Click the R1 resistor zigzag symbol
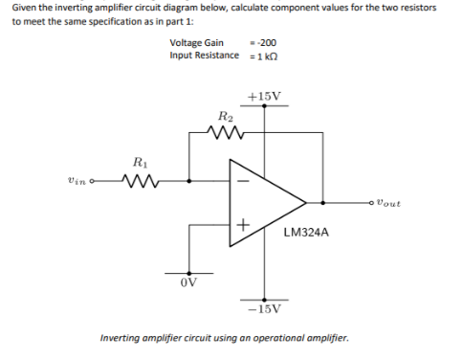(139, 179)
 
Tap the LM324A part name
(306, 231)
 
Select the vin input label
(80, 179)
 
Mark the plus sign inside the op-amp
(243, 226)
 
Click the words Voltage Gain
(196, 43)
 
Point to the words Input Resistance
(204, 55)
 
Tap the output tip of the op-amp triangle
(306, 202)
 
